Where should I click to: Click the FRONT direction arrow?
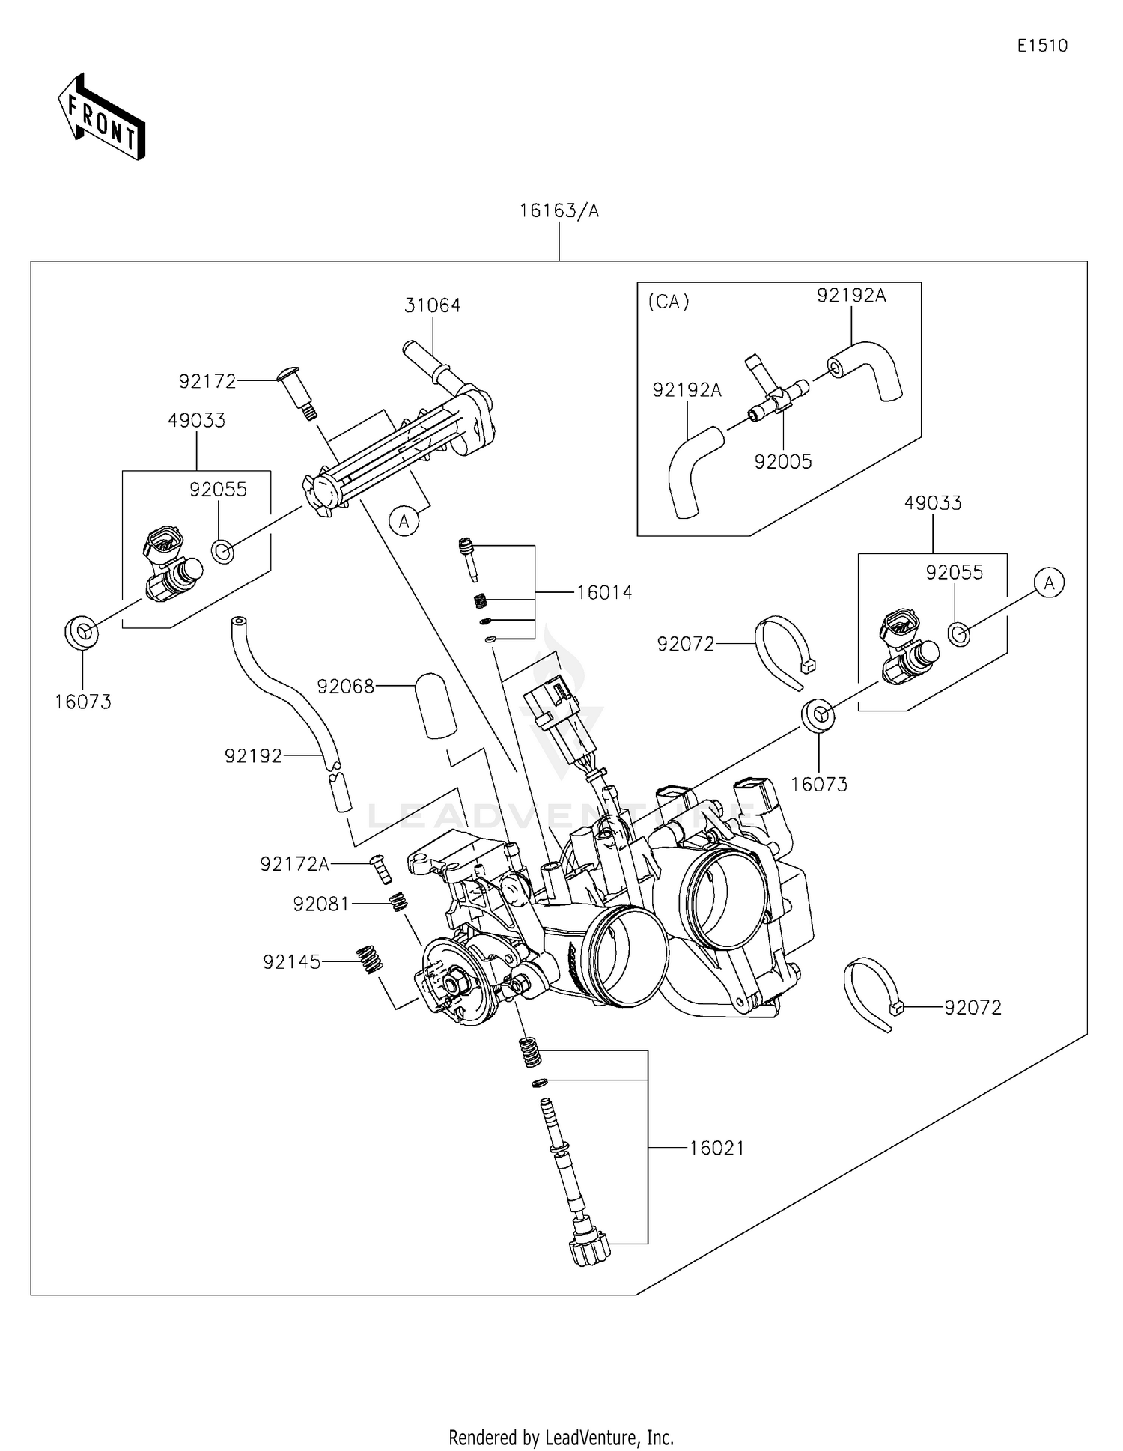pyautogui.click(x=101, y=118)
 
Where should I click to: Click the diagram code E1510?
pyautogui.click(x=1042, y=46)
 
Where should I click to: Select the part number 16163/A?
pyautogui.click(x=559, y=211)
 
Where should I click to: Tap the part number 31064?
pyautogui.click(x=433, y=305)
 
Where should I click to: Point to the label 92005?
pyautogui.click(x=783, y=462)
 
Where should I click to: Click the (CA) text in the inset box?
pyautogui.click(x=668, y=302)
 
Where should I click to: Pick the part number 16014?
pyautogui.click(x=604, y=593)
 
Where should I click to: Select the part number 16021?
pyautogui.click(x=716, y=1149)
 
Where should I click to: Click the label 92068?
pyautogui.click(x=345, y=687)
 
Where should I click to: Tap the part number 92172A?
pyautogui.click(x=295, y=865)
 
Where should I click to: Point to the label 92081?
pyautogui.click(x=321, y=905)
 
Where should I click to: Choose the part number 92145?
pyautogui.click(x=291, y=962)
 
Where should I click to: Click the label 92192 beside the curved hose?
pyautogui.click(x=253, y=757)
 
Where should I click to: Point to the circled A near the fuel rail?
pyautogui.click(x=404, y=520)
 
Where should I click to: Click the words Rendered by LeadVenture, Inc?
pyautogui.click(x=561, y=1437)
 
